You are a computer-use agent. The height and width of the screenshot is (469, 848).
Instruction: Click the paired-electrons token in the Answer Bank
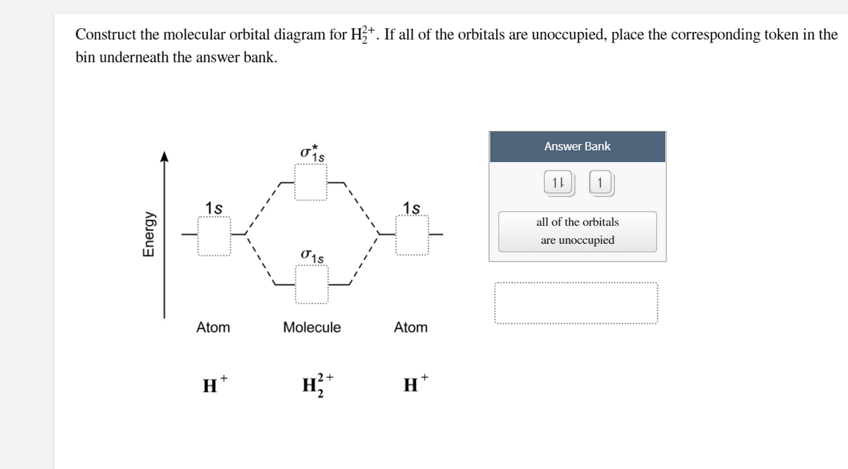point(557,184)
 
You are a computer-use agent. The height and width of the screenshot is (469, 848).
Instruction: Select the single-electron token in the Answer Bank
point(600,184)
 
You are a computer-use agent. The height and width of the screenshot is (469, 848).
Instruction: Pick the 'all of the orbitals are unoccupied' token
point(577,231)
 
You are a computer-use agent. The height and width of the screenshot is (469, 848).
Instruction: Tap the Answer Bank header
point(577,146)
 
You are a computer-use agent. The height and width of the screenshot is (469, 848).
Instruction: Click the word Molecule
point(312,328)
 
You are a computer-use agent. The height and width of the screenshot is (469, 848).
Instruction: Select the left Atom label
point(213,328)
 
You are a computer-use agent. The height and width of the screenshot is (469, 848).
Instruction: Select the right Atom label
point(411,328)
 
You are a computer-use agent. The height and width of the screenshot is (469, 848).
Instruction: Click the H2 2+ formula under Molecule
point(312,386)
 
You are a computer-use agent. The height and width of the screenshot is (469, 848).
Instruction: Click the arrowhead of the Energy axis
point(165,156)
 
